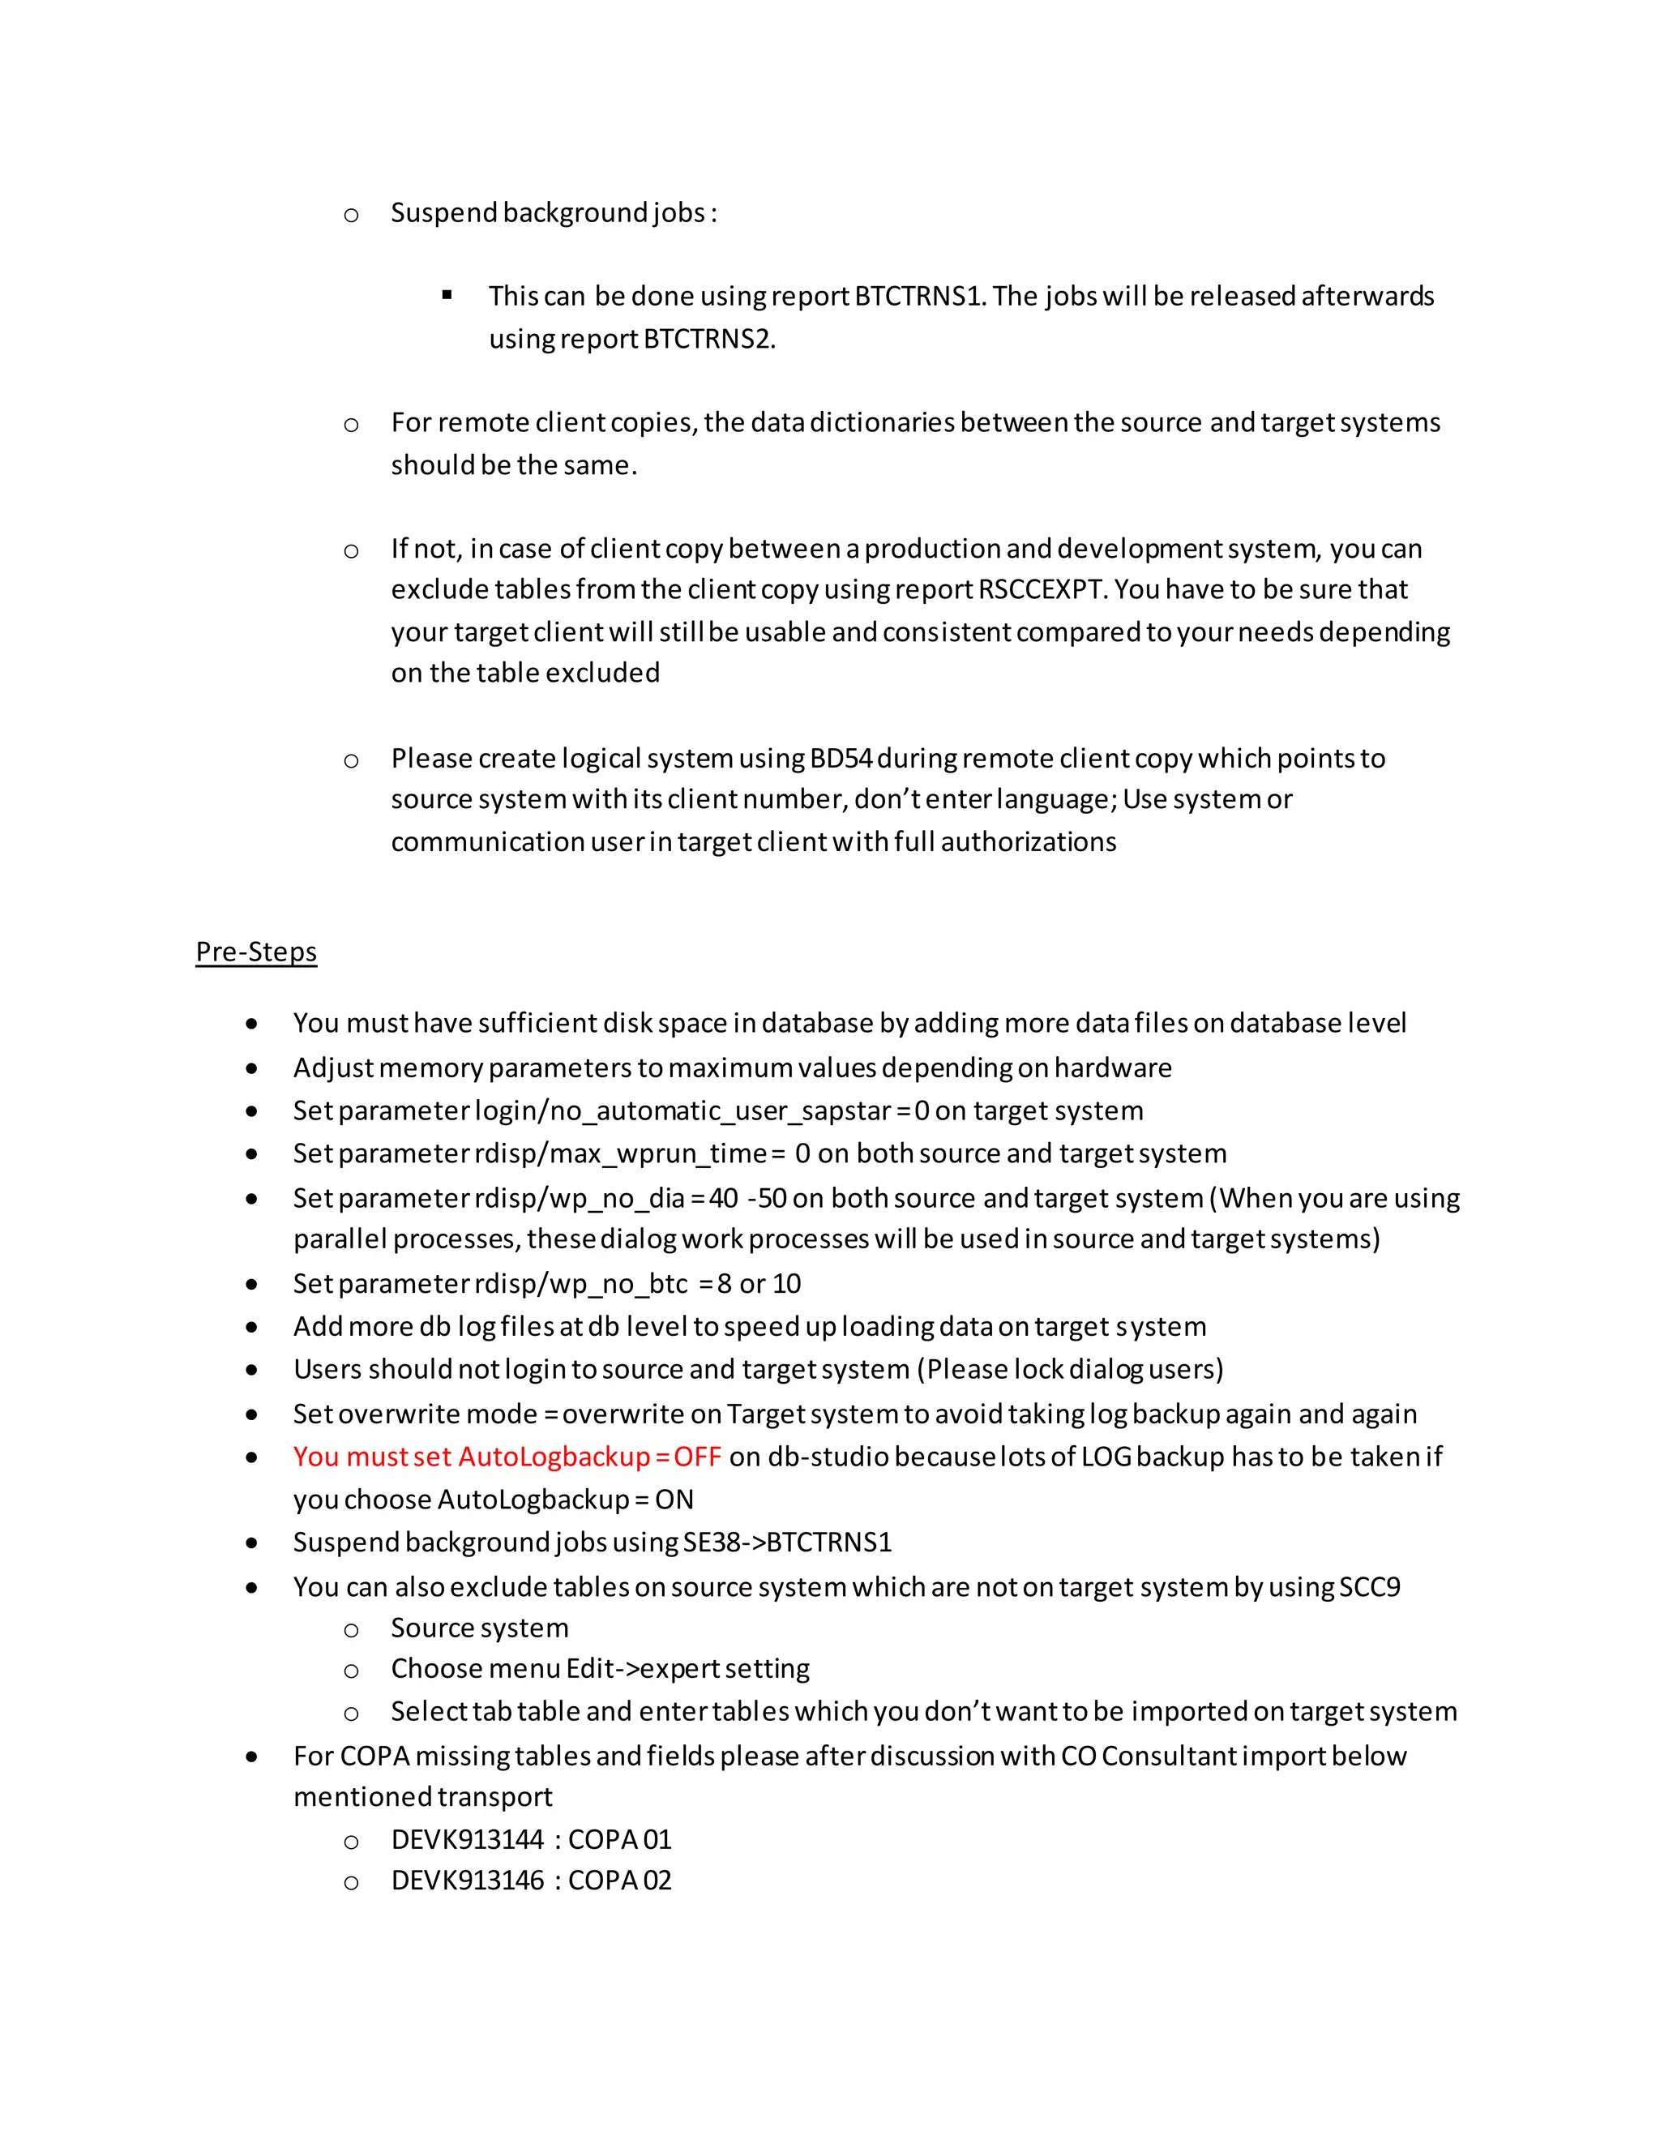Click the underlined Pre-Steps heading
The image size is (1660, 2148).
(255, 952)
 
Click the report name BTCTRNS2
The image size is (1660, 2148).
(708, 340)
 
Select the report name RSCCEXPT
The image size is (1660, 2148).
(1042, 589)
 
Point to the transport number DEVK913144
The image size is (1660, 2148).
(467, 1839)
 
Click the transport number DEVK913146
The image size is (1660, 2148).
(467, 1881)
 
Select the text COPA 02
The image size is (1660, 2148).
(619, 1881)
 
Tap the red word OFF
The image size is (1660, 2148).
(697, 1457)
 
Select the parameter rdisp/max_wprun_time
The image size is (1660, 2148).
(621, 1153)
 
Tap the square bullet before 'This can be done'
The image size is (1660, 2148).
(447, 295)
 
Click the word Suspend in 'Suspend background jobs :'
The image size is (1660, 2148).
(443, 212)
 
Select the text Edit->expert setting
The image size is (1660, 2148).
(687, 1669)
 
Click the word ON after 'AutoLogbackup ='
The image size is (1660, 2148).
(674, 1500)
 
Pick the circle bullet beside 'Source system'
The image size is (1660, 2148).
(351, 1630)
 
